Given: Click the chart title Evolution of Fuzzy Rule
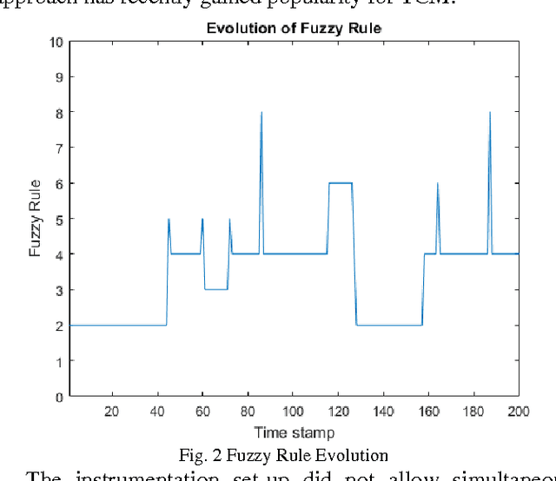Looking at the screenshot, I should click(x=294, y=29).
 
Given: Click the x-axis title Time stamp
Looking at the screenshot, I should click(x=294, y=432).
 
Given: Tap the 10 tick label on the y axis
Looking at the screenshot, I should click(x=56, y=41).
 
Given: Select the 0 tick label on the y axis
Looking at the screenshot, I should click(x=60, y=397).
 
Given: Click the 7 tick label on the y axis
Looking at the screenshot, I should click(x=60, y=148).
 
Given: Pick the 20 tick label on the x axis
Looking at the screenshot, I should click(x=112, y=411).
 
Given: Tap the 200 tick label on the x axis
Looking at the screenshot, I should click(x=518, y=411).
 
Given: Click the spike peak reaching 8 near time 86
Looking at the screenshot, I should click(x=261, y=113).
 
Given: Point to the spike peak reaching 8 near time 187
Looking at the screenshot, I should click(x=490, y=113).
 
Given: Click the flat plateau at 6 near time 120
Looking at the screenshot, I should click(x=340, y=183).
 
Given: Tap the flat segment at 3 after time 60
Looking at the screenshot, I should click(x=215, y=289).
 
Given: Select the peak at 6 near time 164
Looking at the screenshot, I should click(x=438, y=184).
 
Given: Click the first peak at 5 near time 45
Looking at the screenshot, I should click(x=169, y=219).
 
